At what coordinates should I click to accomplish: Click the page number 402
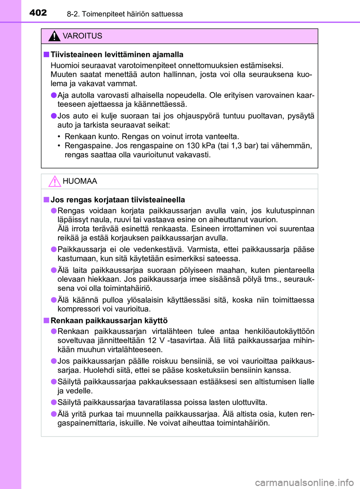tap(38, 13)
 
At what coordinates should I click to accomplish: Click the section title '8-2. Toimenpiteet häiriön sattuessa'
tap(125, 14)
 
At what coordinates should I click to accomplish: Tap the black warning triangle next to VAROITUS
tap(54, 36)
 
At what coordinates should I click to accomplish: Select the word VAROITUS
tap(82, 36)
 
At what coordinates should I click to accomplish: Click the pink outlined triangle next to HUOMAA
tap(54, 181)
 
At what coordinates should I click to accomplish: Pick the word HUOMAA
tap(80, 181)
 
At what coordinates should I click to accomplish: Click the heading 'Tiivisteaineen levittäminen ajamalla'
tap(117, 55)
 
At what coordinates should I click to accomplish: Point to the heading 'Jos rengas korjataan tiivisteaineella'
tap(118, 200)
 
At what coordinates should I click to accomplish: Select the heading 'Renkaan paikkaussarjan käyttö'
tap(109, 320)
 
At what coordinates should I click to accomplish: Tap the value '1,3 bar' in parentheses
tap(242, 146)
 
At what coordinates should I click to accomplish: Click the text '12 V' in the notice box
tap(156, 341)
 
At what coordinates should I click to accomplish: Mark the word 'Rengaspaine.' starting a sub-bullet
tap(89, 146)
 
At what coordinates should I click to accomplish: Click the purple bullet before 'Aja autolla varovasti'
tap(54, 95)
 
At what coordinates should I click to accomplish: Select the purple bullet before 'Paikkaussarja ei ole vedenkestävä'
tap(54, 250)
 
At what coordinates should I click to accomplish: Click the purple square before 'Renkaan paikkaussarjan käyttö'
tap(46, 320)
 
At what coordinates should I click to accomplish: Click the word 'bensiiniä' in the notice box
tap(198, 361)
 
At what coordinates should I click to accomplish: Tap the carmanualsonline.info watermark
tap(304, 483)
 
